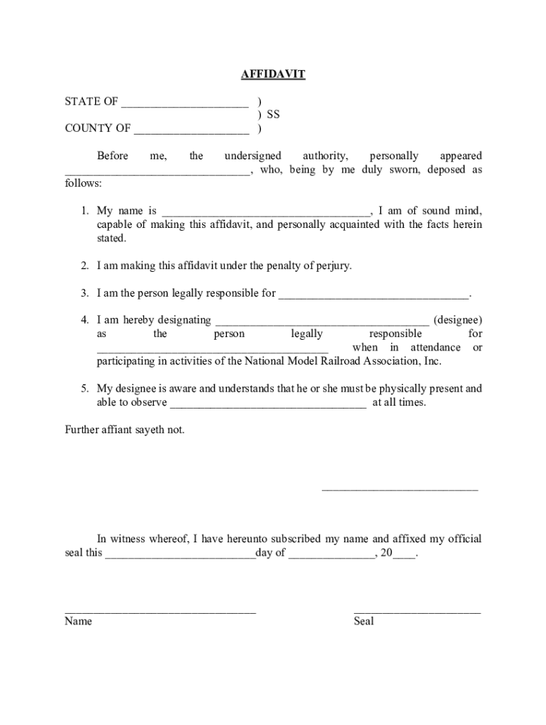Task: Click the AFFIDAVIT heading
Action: pyautogui.click(x=273, y=74)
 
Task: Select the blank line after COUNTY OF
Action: pyautogui.click(x=191, y=132)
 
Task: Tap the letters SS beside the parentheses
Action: pyautogui.click(x=273, y=115)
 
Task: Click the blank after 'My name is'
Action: pyautogui.click(x=266, y=214)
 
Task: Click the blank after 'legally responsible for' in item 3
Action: pyautogui.click(x=374, y=296)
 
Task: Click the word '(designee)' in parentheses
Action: pyautogui.click(x=458, y=320)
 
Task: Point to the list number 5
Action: pyautogui.click(x=84, y=389)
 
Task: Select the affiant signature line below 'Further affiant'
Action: pyautogui.click(x=400, y=489)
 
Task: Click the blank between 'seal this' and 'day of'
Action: pyautogui.click(x=180, y=556)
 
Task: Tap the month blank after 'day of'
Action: pyautogui.click(x=331, y=556)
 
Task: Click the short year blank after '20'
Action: pyautogui.click(x=404, y=556)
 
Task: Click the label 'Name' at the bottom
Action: pyautogui.click(x=78, y=622)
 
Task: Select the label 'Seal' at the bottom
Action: pyautogui.click(x=364, y=622)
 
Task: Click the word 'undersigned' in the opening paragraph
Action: pyautogui.click(x=252, y=156)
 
